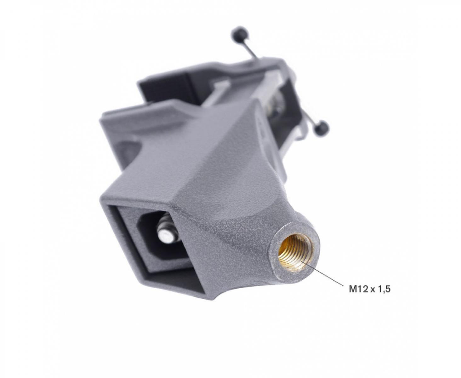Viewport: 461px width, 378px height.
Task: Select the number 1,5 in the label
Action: pos(384,290)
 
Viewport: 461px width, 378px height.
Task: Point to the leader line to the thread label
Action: pos(323,273)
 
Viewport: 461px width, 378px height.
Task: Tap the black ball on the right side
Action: pos(321,128)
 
